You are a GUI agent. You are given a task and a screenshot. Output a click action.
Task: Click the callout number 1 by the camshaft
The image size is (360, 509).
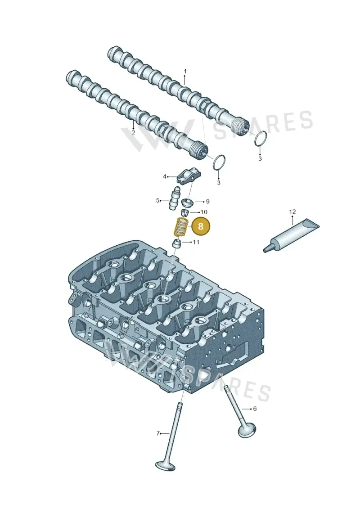[185, 71]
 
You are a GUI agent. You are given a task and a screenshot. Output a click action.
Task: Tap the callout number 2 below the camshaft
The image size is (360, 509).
[133, 132]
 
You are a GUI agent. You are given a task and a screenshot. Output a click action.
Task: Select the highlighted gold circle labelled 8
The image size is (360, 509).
[200, 226]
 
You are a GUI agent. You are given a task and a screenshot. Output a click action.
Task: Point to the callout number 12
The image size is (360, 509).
[292, 212]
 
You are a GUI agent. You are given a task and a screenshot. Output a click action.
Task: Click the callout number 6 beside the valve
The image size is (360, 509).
[255, 408]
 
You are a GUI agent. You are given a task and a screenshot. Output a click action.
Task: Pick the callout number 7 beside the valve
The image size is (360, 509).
[158, 433]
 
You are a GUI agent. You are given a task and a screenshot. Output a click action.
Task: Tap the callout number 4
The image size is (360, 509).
[165, 176]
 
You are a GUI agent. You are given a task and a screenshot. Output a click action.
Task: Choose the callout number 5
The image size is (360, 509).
[158, 201]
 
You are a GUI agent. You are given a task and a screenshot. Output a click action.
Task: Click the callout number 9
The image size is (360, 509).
[208, 202]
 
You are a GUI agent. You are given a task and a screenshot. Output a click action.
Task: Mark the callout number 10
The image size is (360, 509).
[204, 212]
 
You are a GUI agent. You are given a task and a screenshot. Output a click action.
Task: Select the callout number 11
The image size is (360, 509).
[196, 242]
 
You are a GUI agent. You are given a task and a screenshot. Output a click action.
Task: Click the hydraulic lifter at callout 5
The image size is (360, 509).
[174, 198]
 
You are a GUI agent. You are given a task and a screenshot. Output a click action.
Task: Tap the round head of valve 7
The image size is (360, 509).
[166, 465]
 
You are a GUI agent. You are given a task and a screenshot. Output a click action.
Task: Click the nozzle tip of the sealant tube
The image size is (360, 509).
[265, 249]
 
